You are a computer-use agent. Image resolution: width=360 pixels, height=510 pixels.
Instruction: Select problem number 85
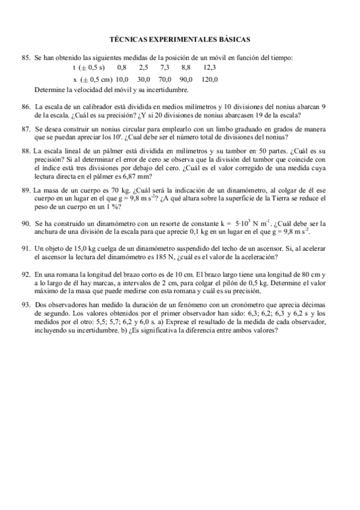(x=25, y=57)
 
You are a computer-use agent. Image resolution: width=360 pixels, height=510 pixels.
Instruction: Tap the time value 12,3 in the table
(x=210, y=68)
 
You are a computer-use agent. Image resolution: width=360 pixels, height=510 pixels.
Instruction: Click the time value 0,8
(x=122, y=68)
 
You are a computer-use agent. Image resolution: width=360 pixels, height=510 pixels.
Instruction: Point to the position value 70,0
(x=165, y=79)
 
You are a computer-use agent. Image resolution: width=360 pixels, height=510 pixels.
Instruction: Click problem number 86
(x=25, y=106)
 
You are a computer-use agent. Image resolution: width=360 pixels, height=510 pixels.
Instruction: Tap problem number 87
(x=25, y=129)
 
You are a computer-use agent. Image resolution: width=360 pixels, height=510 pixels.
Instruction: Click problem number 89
(x=25, y=190)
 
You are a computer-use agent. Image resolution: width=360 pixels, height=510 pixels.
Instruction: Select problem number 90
(x=25, y=223)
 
